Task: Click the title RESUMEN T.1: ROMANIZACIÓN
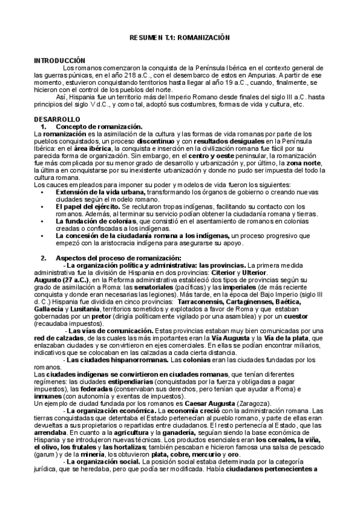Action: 180,37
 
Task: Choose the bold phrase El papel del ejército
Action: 83,206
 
